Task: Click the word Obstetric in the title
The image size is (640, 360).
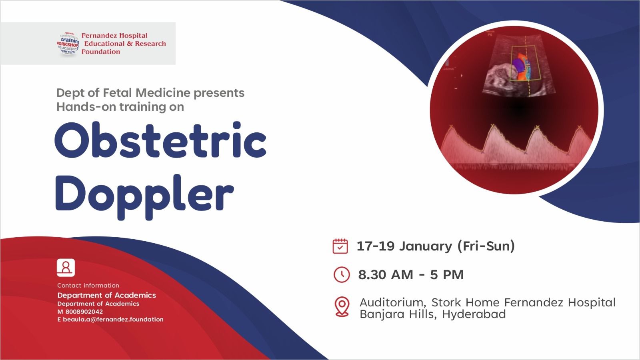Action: (160, 140)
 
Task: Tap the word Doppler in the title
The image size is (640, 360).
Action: (144, 197)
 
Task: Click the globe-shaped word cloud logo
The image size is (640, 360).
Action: (68, 44)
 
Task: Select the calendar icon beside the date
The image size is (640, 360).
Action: (340, 246)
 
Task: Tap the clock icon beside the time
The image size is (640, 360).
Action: (342, 274)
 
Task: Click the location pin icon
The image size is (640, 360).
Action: (342, 307)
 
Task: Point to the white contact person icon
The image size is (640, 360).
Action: (66, 268)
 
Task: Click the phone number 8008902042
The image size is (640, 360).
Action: (84, 312)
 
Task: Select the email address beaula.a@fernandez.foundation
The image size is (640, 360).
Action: (113, 320)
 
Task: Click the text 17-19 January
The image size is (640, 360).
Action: (404, 246)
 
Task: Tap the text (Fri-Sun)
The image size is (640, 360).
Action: (486, 246)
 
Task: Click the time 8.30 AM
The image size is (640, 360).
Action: (386, 274)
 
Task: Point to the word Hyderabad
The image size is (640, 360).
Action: (474, 314)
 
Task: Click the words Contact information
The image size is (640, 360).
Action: (88, 286)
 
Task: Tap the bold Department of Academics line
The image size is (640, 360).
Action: (106, 295)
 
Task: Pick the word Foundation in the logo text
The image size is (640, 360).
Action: (101, 52)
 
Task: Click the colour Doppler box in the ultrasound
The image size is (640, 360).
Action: (523, 62)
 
